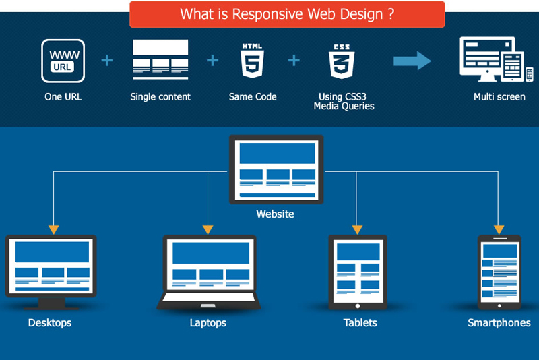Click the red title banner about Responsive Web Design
click(x=287, y=14)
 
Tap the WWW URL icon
click(x=63, y=61)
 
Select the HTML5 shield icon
click(x=252, y=61)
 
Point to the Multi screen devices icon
click(x=496, y=60)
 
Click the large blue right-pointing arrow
click(x=412, y=61)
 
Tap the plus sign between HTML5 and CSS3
click(x=294, y=61)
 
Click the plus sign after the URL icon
click(x=107, y=61)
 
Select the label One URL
click(x=63, y=97)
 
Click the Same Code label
click(x=253, y=97)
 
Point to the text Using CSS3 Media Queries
click(x=344, y=102)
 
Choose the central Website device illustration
click(x=276, y=169)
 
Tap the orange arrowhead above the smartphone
click(x=499, y=229)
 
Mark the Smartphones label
click(x=499, y=323)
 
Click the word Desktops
click(x=50, y=323)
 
